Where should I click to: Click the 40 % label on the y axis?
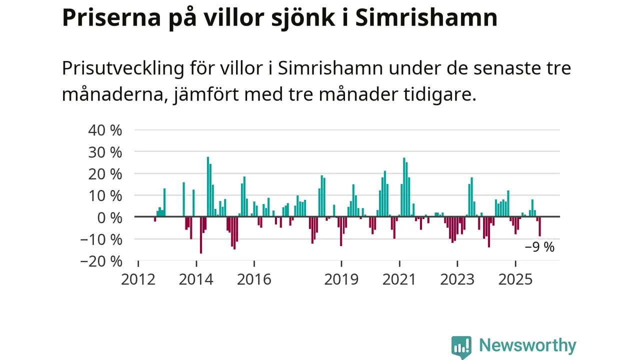[x=105, y=130]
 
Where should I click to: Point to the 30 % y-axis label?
[x=105, y=151]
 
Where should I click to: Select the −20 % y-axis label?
[x=102, y=261]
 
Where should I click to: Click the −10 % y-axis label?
[x=102, y=239]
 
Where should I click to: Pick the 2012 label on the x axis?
[x=138, y=279]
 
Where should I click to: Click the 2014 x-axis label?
[x=196, y=279]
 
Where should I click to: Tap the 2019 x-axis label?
[x=341, y=279]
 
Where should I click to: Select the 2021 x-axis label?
[x=399, y=279]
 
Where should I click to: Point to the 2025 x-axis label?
[x=515, y=279]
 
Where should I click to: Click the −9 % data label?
[x=539, y=247]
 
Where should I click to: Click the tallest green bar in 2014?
[x=208, y=187]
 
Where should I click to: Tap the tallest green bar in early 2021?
[x=404, y=187]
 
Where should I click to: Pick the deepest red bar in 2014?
[x=201, y=235]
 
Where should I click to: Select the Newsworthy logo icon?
[x=461, y=346]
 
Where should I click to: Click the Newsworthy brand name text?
[x=527, y=345]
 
